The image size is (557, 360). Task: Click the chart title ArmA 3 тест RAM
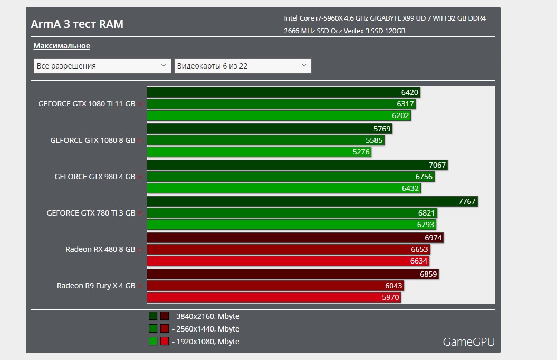(77, 24)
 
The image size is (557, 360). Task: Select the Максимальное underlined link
(62, 46)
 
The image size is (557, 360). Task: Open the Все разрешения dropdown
(102, 66)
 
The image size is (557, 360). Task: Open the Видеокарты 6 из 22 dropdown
(243, 66)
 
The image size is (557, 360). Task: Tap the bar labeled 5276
(259, 152)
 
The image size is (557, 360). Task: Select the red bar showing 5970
(274, 297)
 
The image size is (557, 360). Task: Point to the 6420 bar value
(409, 92)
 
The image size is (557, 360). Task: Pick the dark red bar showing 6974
(295, 238)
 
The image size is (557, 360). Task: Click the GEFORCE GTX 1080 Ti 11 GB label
(87, 104)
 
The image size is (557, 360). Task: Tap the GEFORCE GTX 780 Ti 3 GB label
(91, 213)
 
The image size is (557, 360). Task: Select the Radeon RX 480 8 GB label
(100, 249)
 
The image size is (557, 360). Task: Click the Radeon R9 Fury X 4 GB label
(96, 286)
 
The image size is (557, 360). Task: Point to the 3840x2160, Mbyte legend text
(205, 316)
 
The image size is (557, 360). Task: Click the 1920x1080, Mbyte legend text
(205, 342)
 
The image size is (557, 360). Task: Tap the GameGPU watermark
(468, 342)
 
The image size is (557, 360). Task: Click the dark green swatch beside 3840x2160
(153, 316)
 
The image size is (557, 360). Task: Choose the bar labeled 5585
(265, 140)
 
